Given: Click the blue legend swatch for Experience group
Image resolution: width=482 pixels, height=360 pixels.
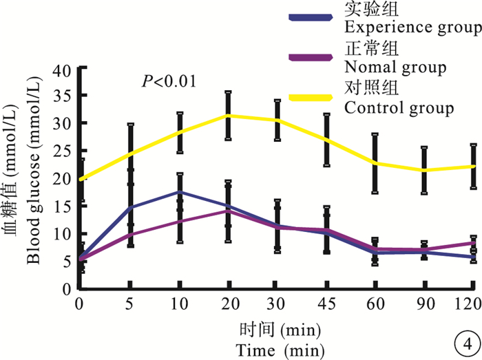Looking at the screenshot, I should click(x=313, y=18).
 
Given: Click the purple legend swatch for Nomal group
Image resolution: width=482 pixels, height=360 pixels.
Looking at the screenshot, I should click(x=313, y=58).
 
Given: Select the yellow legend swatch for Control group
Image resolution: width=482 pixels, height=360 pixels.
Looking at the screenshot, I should click(x=313, y=98).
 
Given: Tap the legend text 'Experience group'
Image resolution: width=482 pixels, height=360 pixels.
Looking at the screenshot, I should click(x=412, y=28).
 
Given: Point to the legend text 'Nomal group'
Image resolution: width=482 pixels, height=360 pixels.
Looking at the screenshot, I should click(x=394, y=68).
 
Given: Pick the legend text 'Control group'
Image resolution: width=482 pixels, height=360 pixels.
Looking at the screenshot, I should click(x=399, y=108).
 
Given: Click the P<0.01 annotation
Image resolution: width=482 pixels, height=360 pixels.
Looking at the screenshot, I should click(x=169, y=81).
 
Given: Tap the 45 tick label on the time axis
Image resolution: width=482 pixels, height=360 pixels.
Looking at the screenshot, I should click(x=326, y=303).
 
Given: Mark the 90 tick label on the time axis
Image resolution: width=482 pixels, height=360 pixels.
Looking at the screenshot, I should click(x=424, y=303).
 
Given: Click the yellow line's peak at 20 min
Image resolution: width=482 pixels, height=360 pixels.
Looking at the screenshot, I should click(x=229, y=115).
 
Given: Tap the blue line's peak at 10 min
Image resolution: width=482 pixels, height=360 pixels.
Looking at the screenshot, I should click(x=180, y=192).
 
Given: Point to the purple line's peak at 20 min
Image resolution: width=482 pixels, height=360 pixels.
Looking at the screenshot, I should click(x=229, y=211).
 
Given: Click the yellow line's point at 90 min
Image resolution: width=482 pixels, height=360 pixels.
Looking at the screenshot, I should click(x=424, y=170).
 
